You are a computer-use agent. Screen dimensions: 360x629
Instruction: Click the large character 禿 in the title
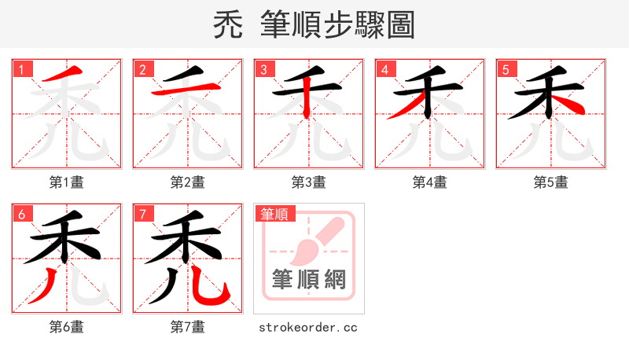(x=231, y=25)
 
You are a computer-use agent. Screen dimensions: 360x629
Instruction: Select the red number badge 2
(x=142, y=70)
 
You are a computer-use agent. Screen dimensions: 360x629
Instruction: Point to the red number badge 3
(x=263, y=70)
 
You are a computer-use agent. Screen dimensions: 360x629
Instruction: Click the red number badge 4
(x=384, y=70)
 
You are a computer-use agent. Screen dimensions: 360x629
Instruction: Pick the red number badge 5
(x=506, y=70)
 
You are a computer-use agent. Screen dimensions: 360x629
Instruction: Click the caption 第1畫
(x=67, y=182)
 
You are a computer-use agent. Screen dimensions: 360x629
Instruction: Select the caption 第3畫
(x=309, y=182)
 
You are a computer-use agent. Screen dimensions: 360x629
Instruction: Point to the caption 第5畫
(x=551, y=182)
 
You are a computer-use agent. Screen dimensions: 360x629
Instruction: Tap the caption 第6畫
(x=67, y=327)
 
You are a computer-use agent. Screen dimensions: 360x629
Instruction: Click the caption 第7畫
(x=188, y=327)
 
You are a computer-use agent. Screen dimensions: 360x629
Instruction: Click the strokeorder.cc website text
(x=308, y=327)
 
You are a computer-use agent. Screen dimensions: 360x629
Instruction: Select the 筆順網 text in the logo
(x=309, y=280)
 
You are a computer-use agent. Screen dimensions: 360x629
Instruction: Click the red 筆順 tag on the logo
(x=274, y=214)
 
